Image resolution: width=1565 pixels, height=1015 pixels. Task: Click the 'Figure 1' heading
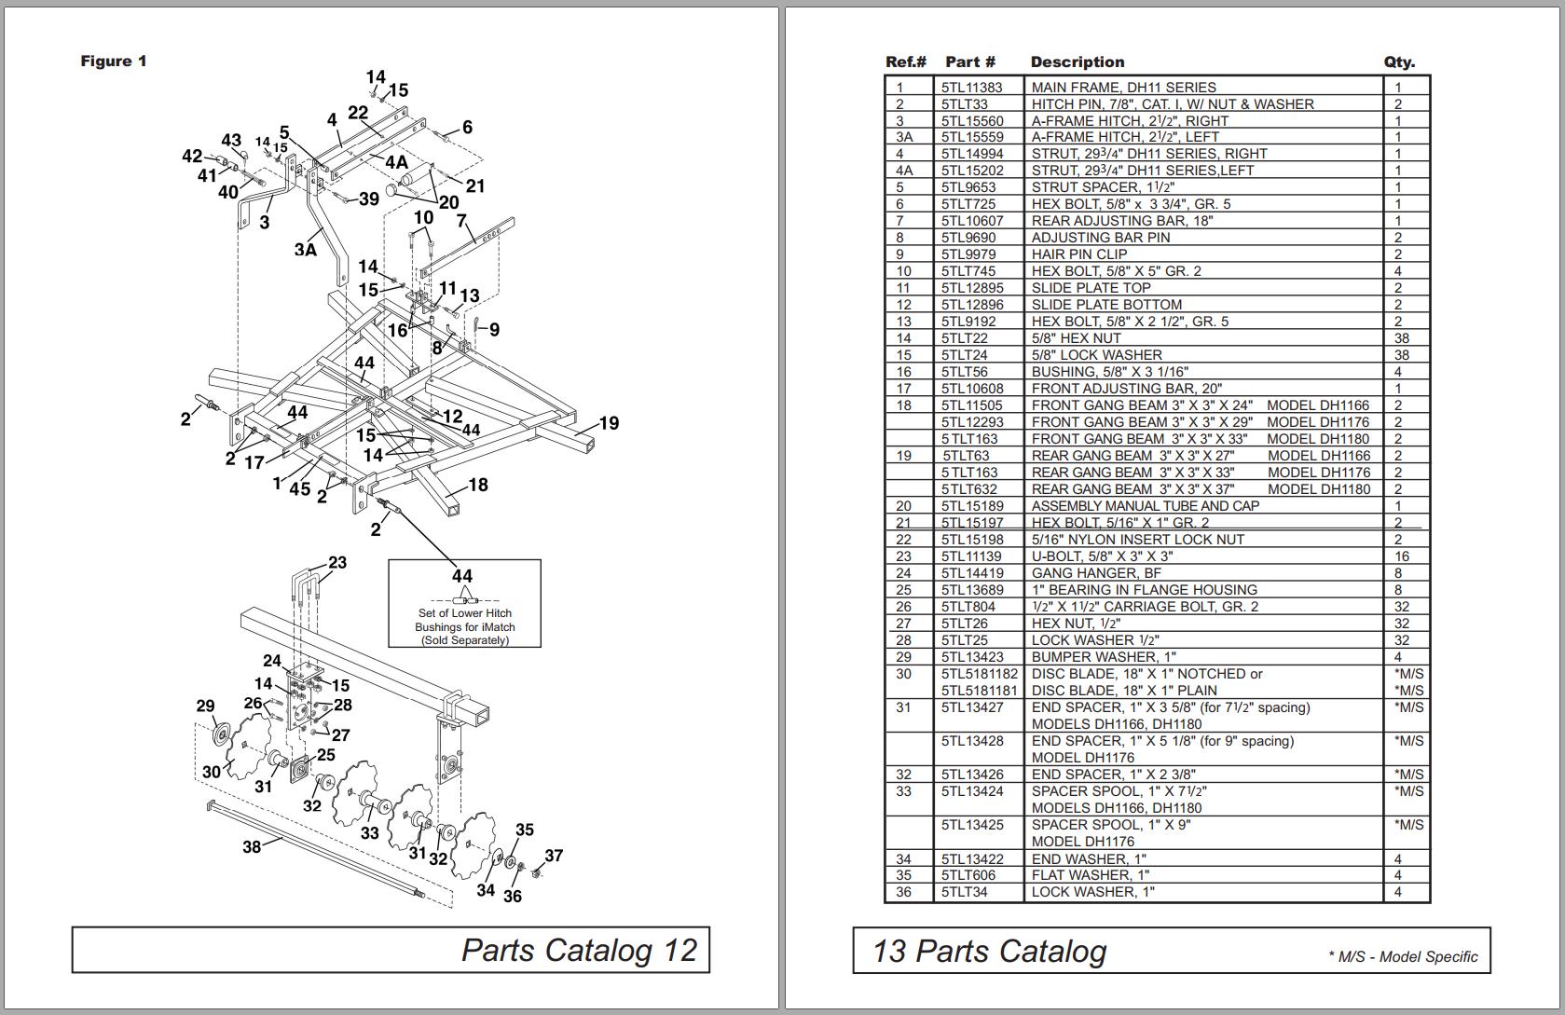coord(114,62)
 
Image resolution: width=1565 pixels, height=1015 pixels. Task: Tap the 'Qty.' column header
coord(1399,62)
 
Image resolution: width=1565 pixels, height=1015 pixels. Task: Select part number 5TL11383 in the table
coord(971,88)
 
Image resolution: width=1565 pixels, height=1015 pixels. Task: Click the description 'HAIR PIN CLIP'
coord(1078,254)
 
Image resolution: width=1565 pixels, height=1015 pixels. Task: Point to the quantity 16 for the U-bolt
coord(1401,556)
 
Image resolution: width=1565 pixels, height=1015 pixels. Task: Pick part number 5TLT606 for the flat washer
coord(968,875)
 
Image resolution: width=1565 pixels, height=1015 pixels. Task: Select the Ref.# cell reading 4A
coord(903,171)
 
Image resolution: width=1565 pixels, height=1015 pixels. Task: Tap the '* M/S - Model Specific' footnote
coord(1402,956)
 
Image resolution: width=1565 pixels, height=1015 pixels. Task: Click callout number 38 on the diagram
coord(252,847)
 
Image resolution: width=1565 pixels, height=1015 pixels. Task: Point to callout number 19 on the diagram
coord(609,423)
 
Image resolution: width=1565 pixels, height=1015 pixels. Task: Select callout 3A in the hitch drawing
coord(306,250)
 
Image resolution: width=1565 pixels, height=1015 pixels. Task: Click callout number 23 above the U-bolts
coord(337,562)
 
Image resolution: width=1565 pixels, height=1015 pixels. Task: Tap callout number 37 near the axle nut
coord(554,856)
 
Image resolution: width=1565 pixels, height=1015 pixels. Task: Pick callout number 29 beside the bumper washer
coord(205,706)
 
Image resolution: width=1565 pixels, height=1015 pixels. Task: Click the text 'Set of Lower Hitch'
coord(464,613)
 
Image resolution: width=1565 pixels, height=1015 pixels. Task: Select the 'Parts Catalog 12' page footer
coord(579,950)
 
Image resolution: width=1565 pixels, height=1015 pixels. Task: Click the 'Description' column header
coord(1077,62)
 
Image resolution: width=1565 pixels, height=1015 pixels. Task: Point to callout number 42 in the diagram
coord(192,157)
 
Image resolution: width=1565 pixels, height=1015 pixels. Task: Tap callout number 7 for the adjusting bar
coord(460,222)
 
